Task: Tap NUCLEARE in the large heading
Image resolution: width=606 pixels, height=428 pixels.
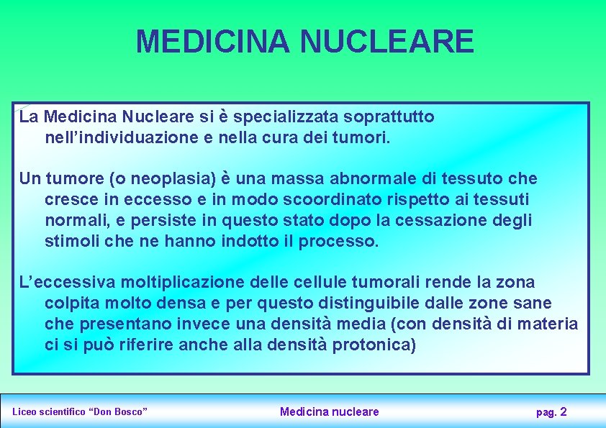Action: [x=387, y=41]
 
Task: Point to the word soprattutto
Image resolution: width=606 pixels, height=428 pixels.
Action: [x=389, y=117]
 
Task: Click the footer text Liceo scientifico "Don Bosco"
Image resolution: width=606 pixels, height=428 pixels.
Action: [x=80, y=412]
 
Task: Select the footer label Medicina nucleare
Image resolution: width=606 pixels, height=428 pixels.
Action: [x=329, y=411]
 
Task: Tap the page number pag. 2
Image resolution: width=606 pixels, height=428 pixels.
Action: [x=551, y=412]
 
